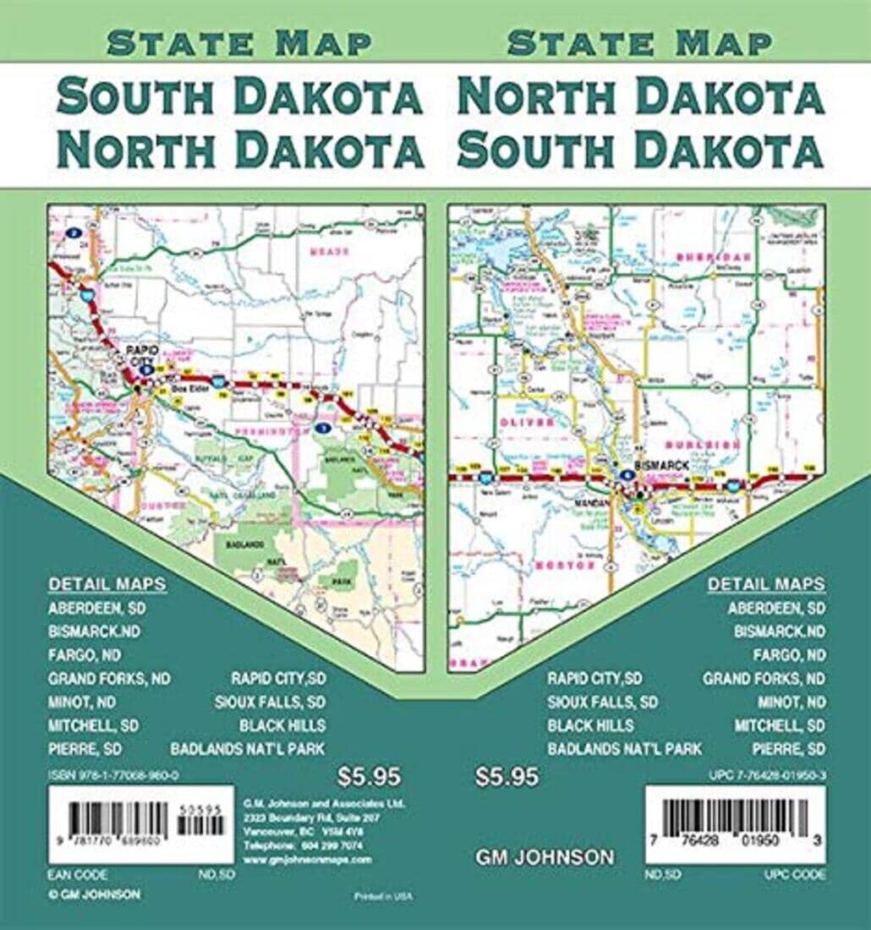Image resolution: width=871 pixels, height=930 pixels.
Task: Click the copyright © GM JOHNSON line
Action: pyautogui.click(x=94, y=894)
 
